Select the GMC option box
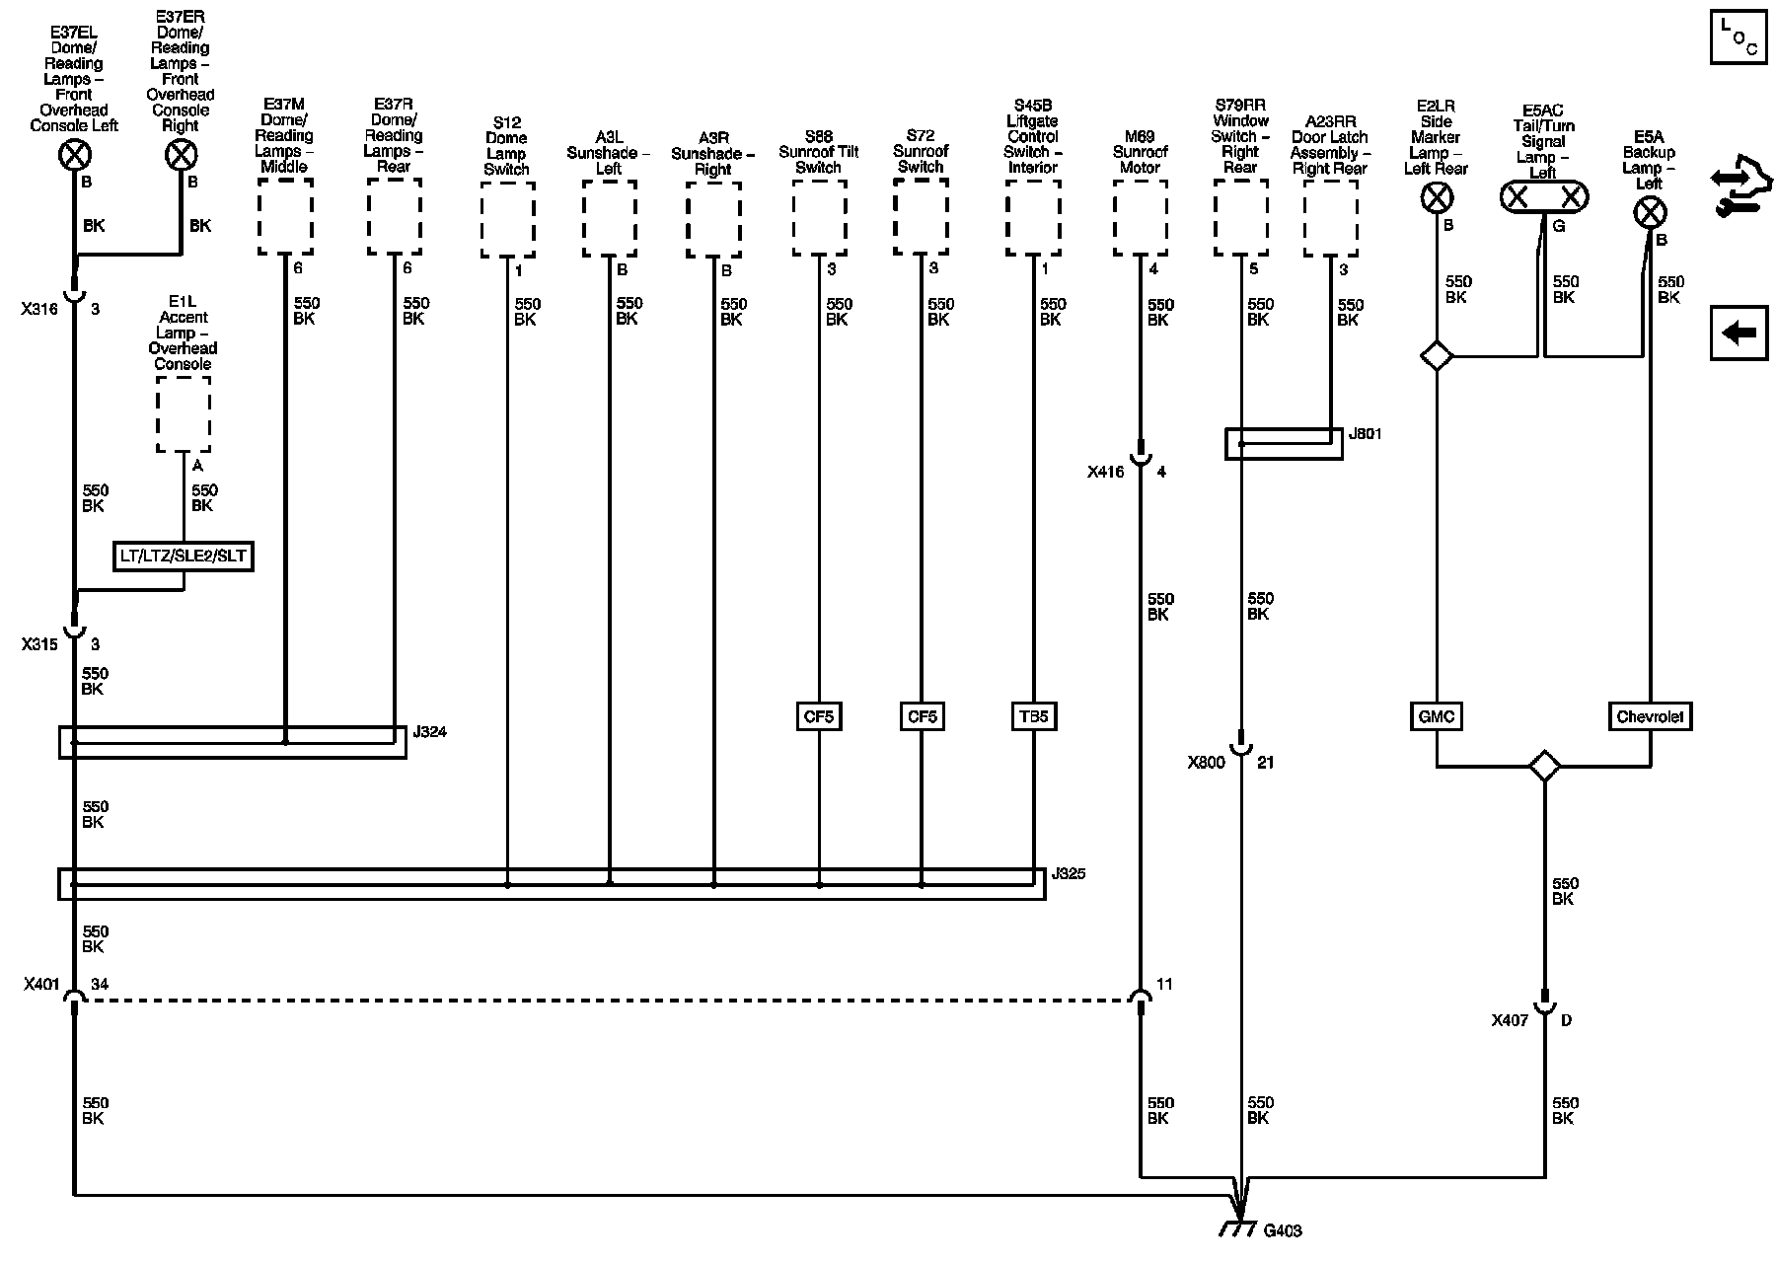click(x=1436, y=716)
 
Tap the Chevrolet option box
click(x=1650, y=716)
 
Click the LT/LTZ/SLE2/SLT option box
click(x=183, y=557)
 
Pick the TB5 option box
click(x=1033, y=716)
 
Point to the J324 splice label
click(x=430, y=732)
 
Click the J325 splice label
click(x=1069, y=873)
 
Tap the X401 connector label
click(x=42, y=985)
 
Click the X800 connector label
click(x=1206, y=762)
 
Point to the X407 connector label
click(x=1510, y=1020)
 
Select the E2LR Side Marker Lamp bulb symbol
click(x=1436, y=198)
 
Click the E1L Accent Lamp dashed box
click(x=183, y=417)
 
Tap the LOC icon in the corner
click(x=1739, y=38)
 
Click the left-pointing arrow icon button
click(x=1739, y=333)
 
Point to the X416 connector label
click(x=1106, y=472)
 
